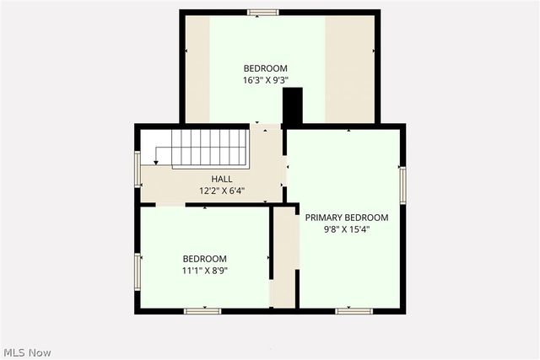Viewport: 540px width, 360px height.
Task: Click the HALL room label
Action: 222,179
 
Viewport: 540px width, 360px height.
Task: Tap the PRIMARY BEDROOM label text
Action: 347,217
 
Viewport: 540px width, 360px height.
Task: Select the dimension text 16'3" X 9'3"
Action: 266,81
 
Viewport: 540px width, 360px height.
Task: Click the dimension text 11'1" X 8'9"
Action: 205,271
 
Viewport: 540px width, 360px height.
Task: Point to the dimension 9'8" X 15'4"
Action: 347,228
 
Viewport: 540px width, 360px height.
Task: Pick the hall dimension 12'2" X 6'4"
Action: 222,191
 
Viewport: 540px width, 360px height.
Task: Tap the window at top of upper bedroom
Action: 263,12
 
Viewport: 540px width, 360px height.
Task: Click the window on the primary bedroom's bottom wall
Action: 354,311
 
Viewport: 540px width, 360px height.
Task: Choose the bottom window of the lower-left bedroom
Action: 202,311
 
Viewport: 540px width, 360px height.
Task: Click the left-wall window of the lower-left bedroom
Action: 138,271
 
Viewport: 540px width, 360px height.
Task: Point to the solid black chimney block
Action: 292,107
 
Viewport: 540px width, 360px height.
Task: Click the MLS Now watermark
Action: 26,352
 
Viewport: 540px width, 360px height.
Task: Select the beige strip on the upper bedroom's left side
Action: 197,67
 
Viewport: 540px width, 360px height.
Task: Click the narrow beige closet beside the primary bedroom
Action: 284,257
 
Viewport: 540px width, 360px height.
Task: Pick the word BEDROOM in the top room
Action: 266,68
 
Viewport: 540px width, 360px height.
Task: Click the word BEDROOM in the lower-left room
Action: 205,259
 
